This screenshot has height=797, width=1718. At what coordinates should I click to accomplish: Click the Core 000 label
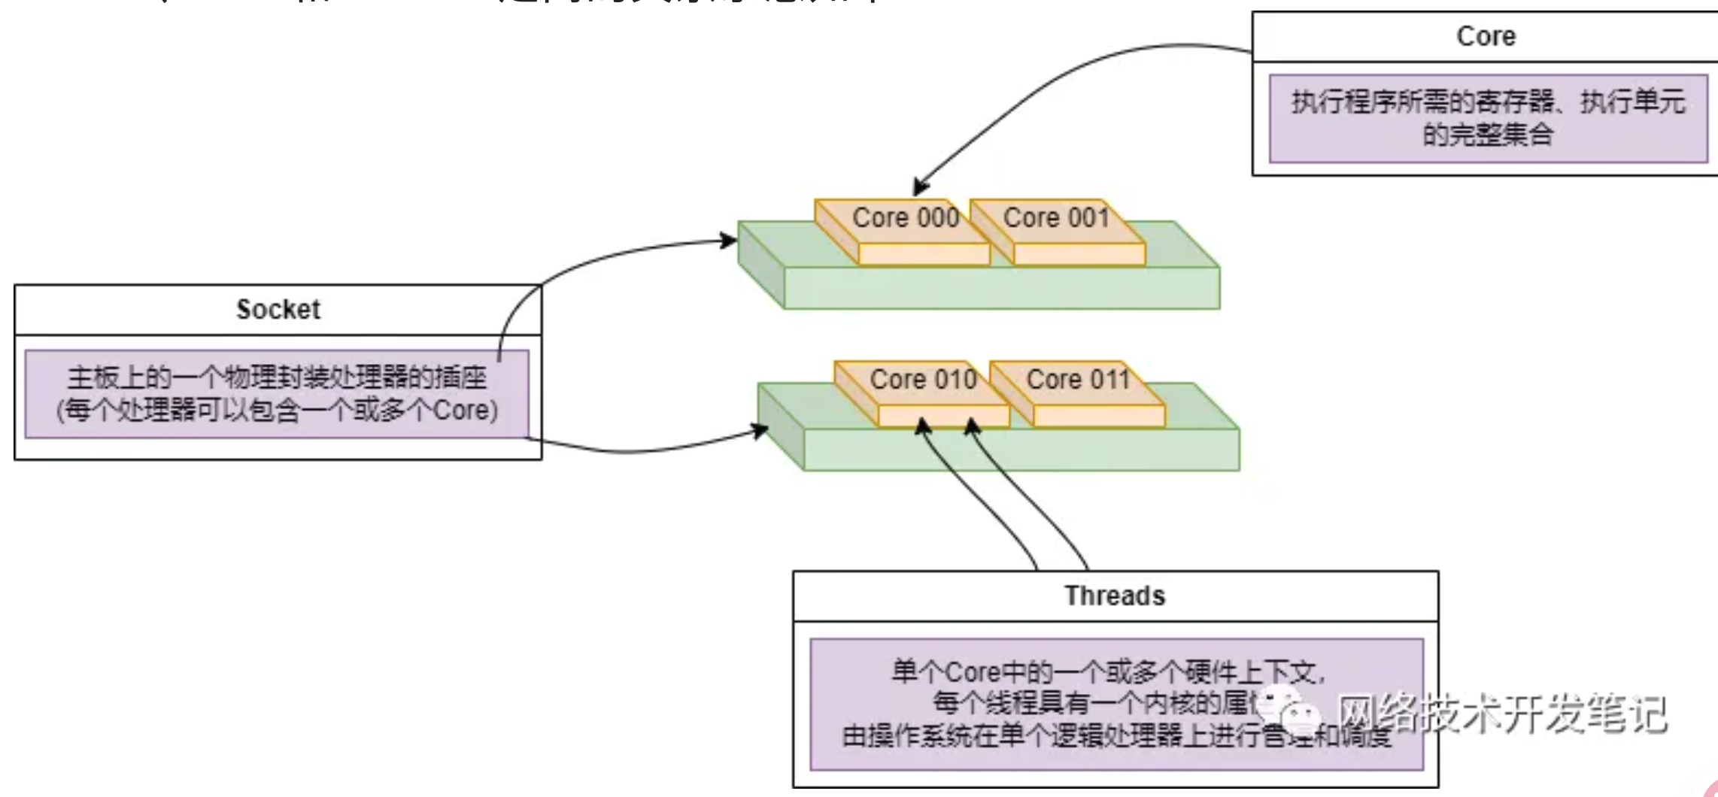905,217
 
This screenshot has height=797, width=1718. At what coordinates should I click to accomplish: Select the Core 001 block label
1056,217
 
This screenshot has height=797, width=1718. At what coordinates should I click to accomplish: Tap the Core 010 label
923,379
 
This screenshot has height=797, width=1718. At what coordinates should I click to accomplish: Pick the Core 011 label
1078,379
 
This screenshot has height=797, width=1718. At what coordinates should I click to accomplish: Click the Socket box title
278,309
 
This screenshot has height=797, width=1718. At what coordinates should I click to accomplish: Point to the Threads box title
1115,595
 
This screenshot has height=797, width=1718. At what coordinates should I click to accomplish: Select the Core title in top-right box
1486,36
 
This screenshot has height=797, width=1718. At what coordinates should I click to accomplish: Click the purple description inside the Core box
1488,118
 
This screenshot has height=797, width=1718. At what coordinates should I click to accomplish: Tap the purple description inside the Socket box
277,393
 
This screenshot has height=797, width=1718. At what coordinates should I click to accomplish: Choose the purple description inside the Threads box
1116,704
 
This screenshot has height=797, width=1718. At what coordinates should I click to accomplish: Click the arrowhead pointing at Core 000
920,187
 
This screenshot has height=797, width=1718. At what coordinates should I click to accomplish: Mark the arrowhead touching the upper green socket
729,241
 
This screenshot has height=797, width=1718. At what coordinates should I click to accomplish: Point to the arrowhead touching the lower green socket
760,431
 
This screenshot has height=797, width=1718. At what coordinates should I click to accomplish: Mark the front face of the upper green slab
1001,288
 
